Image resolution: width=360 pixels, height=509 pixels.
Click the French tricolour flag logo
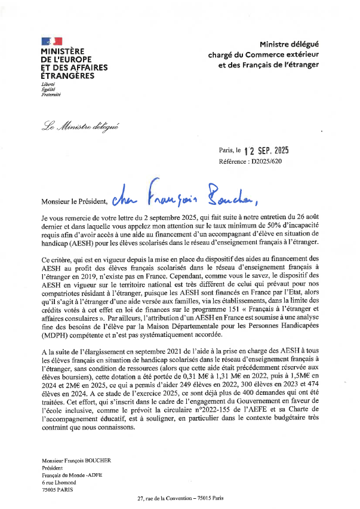(x=51, y=41)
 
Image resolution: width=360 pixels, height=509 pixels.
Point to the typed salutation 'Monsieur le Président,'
(x=75, y=201)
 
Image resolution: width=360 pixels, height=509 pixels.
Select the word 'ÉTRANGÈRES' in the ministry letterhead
(x=67, y=76)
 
